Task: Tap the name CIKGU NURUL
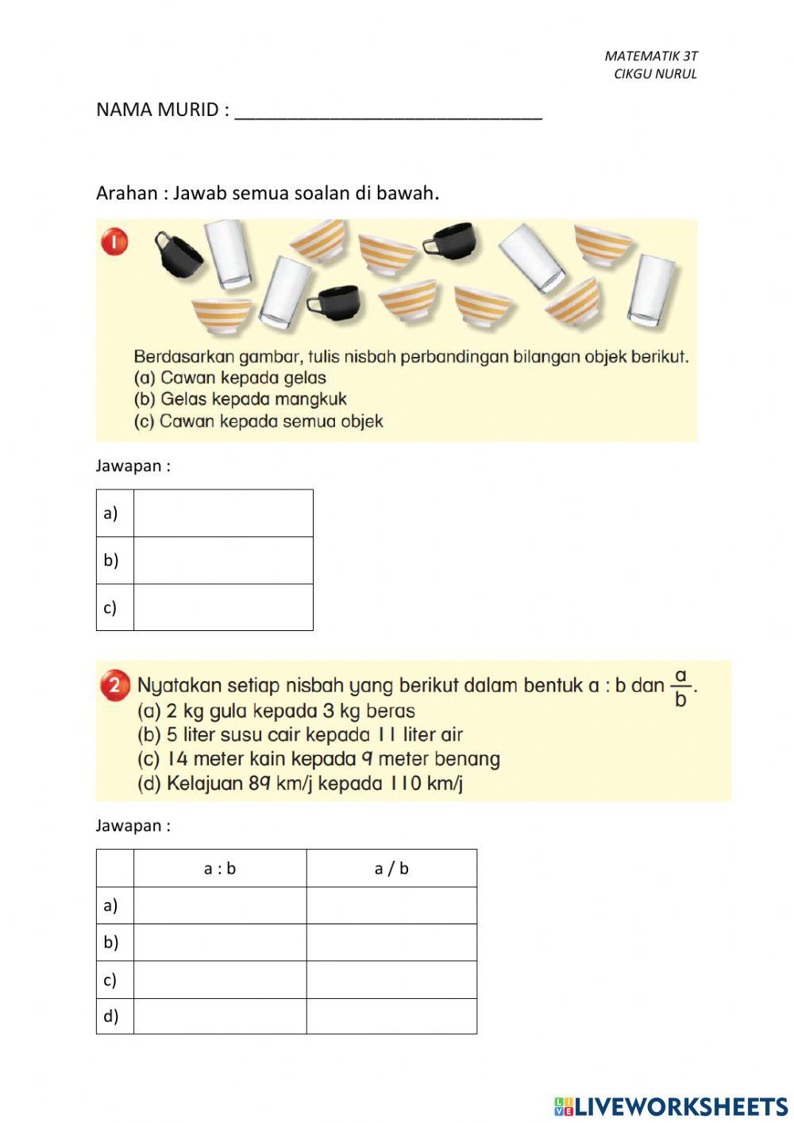pyautogui.click(x=655, y=74)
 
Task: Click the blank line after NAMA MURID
pyautogui.click(x=388, y=111)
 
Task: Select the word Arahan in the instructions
pyautogui.click(x=127, y=193)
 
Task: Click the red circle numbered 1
pyautogui.click(x=115, y=242)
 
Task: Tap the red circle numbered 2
pyautogui.click(x=115, y=685)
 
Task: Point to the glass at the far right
pyautogui.click(x=652, y=290)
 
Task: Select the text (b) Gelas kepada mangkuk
pyautogui.click(x=240, y=399)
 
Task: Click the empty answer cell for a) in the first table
pyautogui.click(x=223, y=513)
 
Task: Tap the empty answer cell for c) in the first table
pyautogui.click(x=223, y=607)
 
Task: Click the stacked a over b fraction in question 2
pyautogui.click(x=680, y=688)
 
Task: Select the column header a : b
pyautogui.click(x=220, y=869)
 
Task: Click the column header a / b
pyautogui.click(x=391, y=869)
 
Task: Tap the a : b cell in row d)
pyautogui.click(x=220, y=1017)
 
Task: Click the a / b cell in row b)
pyautogui.click(x=391, y=943)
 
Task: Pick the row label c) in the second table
pyautogui.click(x=111, y=980)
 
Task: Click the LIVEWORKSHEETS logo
pyautogui.click(x=671, y=1106)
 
